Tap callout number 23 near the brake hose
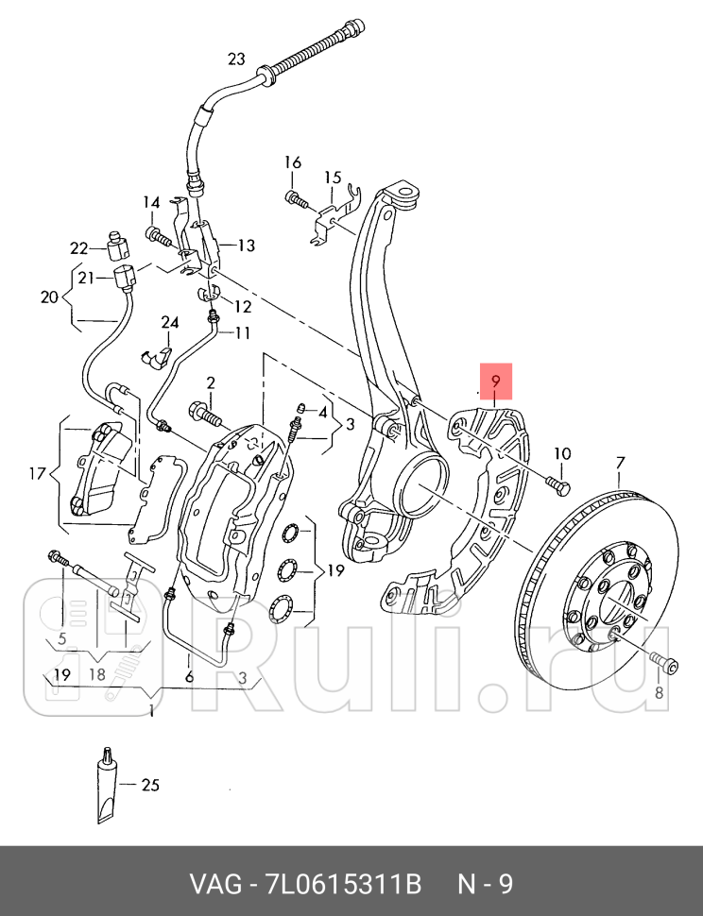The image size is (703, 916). [x=236, y=59]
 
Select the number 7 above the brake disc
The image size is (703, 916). [x=620, y=463]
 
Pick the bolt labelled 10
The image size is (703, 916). [x=557, y=484]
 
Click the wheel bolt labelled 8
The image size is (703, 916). [x=664, y=664]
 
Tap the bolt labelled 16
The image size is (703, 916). [x=295, y=199]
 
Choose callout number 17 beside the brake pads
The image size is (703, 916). [x=37, y=472]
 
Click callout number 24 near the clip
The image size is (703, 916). [x=169, y=323]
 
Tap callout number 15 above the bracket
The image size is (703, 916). [x=332, y=178]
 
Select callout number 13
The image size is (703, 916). [x=246, y=246]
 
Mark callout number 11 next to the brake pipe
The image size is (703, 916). [x=244, y=332]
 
